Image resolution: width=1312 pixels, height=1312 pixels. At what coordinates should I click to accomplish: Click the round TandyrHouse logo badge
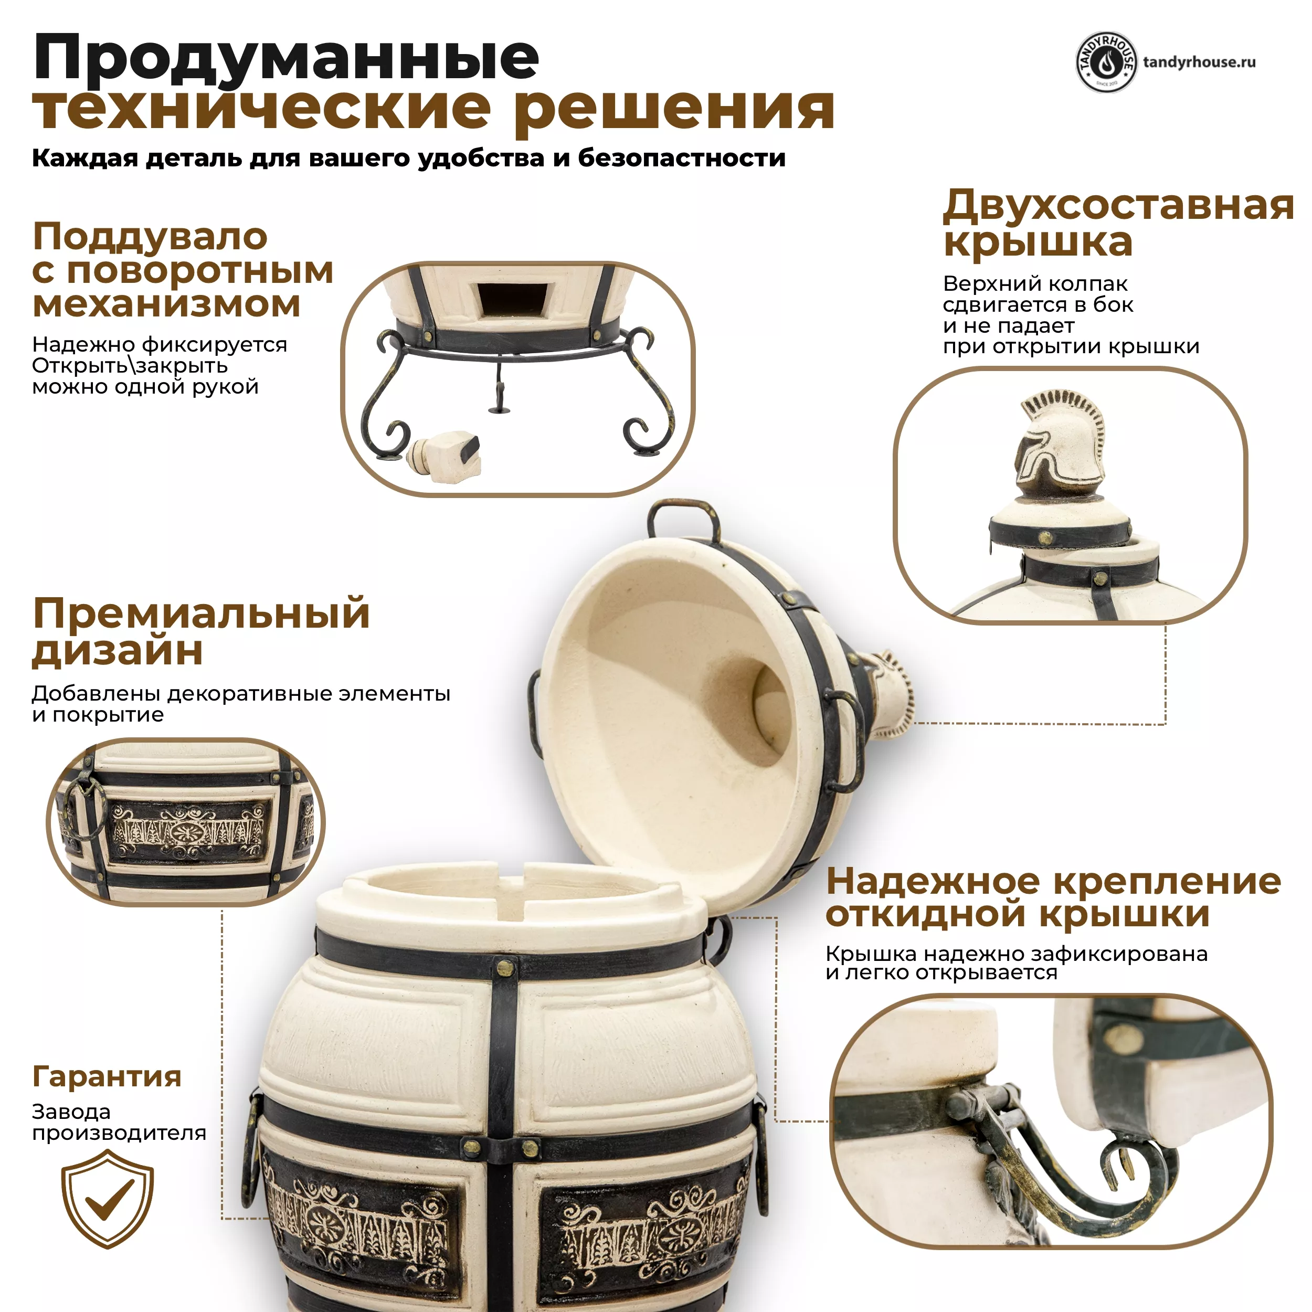pos(1106,62)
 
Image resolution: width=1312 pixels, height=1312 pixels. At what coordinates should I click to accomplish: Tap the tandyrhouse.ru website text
pos(1199,62)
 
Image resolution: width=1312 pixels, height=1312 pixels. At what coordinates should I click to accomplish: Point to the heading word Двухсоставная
pos(1118,205)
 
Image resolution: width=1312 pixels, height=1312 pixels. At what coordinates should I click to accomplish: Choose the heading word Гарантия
pos(107,1076)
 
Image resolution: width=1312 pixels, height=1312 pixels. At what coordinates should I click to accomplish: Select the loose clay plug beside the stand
pos(446,457)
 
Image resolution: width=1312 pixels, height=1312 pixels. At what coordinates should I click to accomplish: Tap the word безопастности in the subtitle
pos(682,158)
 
